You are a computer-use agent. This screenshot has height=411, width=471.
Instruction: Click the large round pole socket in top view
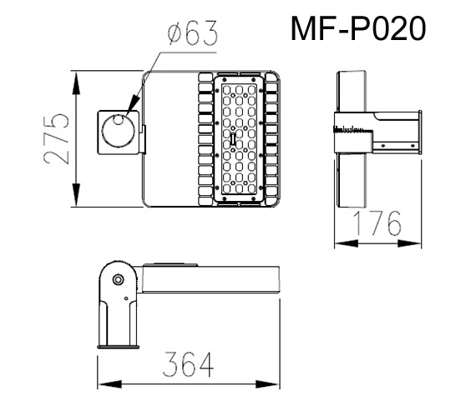[117, 133]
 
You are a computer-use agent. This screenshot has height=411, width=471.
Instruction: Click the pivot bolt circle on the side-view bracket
[118, 278]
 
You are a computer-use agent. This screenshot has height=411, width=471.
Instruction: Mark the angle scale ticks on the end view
[346, 130]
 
